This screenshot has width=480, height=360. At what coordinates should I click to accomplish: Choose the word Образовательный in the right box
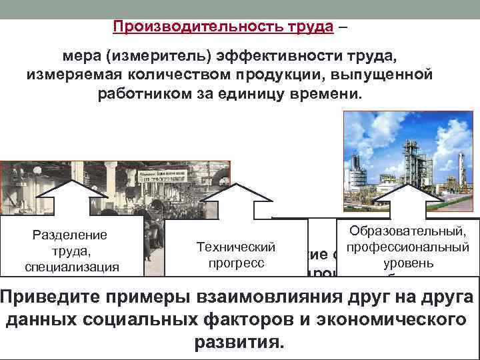pos(408,232)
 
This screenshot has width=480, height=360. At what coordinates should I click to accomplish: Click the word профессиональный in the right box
pos(408,247)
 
